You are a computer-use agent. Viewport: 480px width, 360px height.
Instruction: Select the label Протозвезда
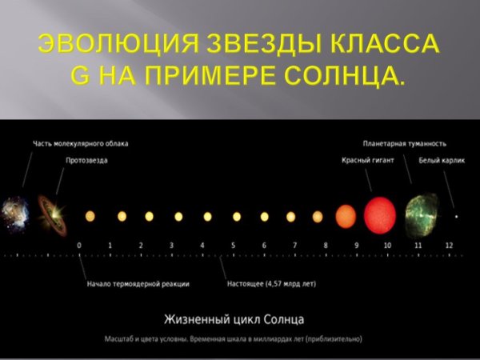(x=86, y=160)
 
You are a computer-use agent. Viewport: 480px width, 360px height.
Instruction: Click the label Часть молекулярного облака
(x=80, y=144)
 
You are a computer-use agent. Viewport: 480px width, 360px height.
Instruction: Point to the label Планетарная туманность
(x=404, y=144)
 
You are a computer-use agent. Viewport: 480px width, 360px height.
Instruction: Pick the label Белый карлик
(x=437, y=160)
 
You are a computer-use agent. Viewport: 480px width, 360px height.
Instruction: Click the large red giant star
(x=380, y=215)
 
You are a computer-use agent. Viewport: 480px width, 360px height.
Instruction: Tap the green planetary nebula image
(x=421, y=215)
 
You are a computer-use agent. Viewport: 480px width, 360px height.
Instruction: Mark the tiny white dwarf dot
(x=457, y=216)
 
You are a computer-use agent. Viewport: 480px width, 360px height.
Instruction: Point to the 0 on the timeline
(x=79, y=245)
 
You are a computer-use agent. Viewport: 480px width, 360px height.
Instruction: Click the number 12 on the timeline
(x=449, y=245)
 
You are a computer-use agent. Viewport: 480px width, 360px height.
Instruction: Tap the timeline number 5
(x=233, y=245)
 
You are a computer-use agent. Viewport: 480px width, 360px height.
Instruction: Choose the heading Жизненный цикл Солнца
(x=234, y=319)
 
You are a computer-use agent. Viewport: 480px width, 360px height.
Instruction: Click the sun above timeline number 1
(x=122, y=216)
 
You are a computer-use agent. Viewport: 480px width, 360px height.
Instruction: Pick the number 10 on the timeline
(x=386, y=245)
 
